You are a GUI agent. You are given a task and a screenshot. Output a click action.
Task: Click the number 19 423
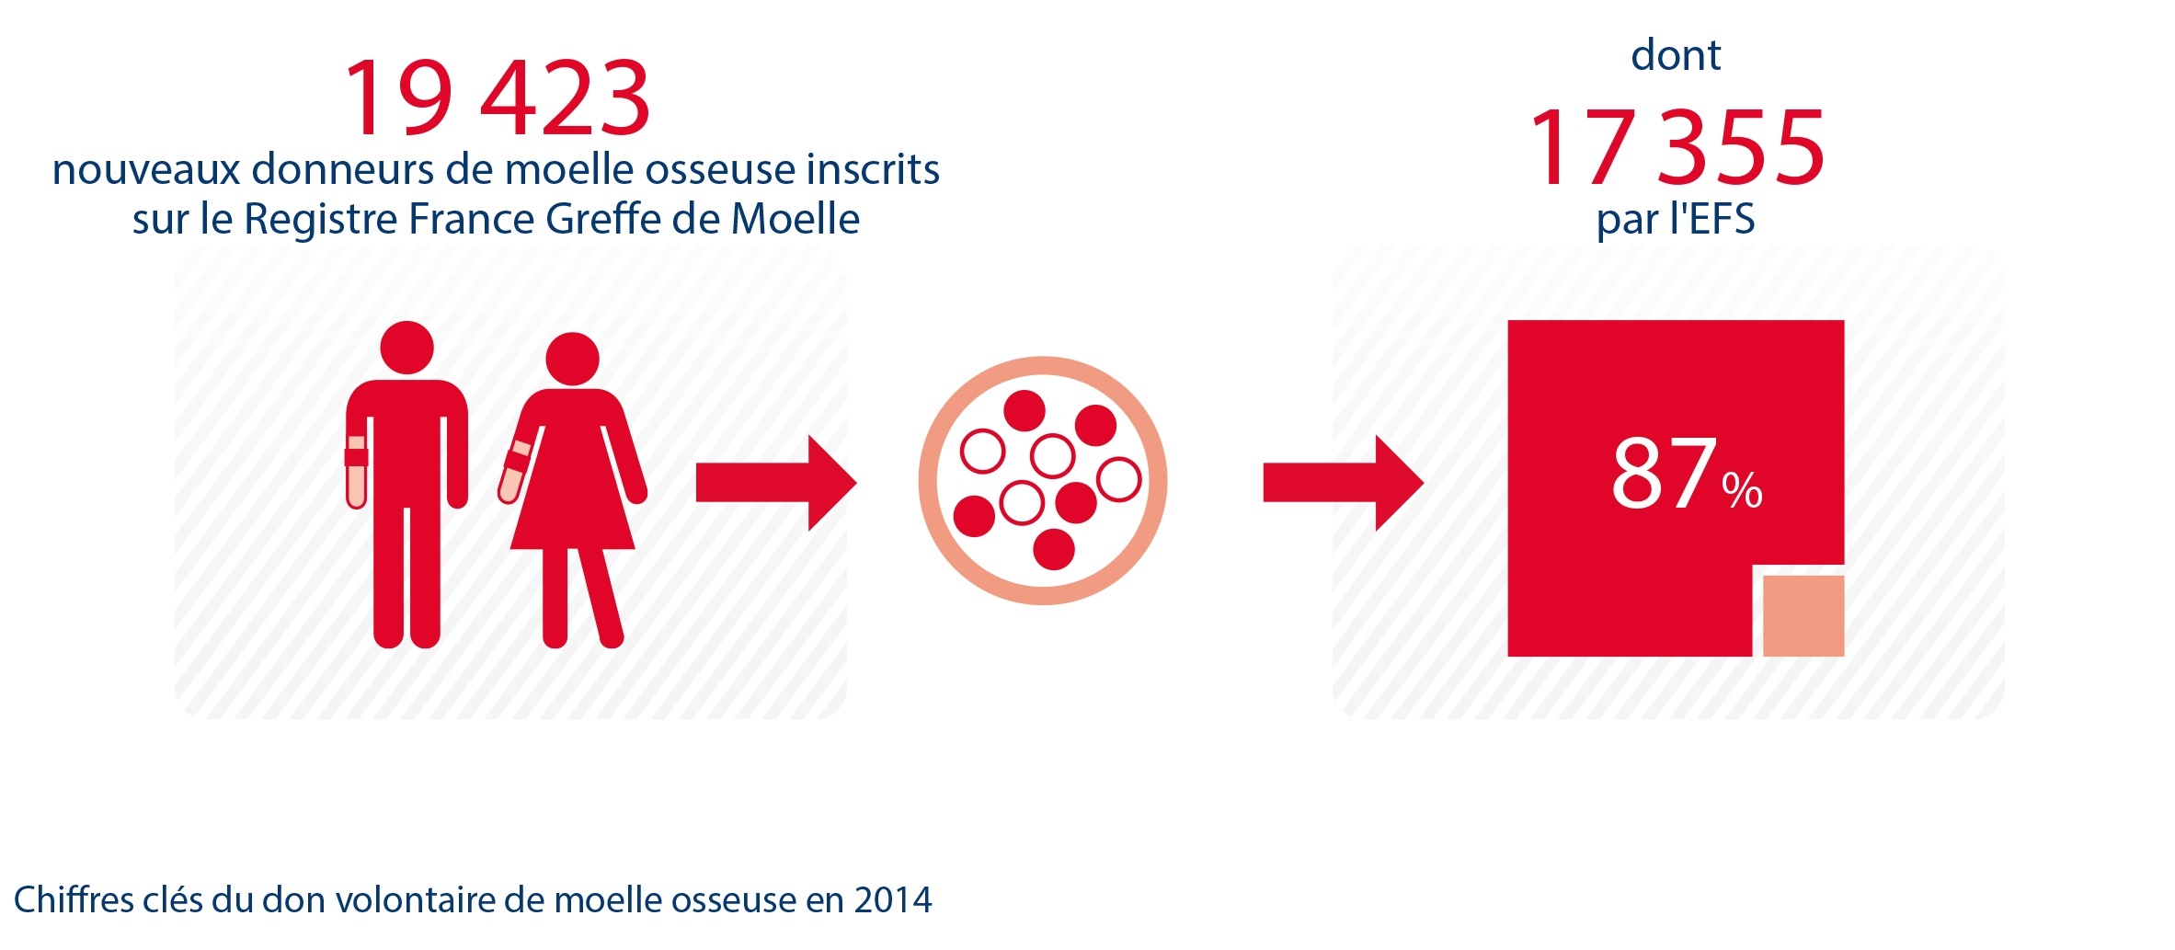498,97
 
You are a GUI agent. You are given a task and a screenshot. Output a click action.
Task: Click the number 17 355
1677,147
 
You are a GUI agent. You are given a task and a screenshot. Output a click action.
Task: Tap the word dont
1676,54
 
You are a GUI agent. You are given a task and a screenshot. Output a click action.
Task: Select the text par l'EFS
1676,219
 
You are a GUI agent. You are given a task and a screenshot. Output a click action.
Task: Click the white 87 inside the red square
1664,474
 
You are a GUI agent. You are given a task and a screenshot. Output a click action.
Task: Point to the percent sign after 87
1742,490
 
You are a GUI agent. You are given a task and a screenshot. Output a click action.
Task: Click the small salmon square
1803,615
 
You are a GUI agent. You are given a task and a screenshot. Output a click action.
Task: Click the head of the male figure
406,348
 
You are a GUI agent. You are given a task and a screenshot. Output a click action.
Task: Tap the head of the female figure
572,359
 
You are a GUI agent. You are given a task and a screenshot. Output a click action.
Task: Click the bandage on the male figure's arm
356,457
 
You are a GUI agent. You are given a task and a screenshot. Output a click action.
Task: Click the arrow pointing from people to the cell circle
776,483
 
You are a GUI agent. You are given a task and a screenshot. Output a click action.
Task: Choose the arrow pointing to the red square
1344,483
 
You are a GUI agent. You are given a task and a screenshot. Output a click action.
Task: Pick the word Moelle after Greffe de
796,219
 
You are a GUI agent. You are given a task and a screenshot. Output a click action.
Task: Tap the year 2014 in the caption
893,899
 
